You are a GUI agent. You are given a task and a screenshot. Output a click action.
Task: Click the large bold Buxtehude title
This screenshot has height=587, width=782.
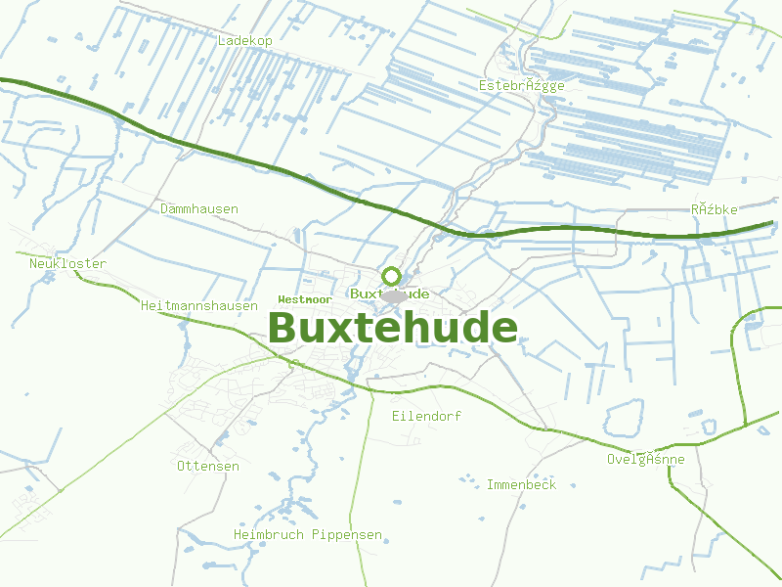393,328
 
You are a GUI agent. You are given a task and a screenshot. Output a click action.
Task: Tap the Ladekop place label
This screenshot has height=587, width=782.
245,41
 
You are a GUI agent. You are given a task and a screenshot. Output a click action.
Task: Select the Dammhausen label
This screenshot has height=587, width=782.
199,208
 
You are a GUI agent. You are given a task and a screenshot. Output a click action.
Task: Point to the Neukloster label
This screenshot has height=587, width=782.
67,263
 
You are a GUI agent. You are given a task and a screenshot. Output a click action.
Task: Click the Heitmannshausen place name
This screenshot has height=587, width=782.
199,305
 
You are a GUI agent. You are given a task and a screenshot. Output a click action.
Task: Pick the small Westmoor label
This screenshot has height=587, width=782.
305,298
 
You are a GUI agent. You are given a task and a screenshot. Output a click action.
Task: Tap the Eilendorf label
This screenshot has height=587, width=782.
426,416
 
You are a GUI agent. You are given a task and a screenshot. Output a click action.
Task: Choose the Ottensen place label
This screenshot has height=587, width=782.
207,466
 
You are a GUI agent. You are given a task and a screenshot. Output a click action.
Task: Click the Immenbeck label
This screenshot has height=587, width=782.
521,484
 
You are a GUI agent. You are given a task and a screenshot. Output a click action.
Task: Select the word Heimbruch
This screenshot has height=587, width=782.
269,535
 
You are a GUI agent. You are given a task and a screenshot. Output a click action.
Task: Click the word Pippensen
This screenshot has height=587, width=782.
347,535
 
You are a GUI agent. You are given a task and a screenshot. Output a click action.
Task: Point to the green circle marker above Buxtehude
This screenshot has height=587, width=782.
391,276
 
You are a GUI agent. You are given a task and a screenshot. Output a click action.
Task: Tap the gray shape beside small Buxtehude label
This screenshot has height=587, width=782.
394,295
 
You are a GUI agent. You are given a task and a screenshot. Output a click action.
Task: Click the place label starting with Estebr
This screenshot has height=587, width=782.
522,85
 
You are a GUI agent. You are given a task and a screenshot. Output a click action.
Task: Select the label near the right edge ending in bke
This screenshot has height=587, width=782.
714,209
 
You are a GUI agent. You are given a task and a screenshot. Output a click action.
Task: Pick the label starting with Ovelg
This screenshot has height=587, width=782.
645,459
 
